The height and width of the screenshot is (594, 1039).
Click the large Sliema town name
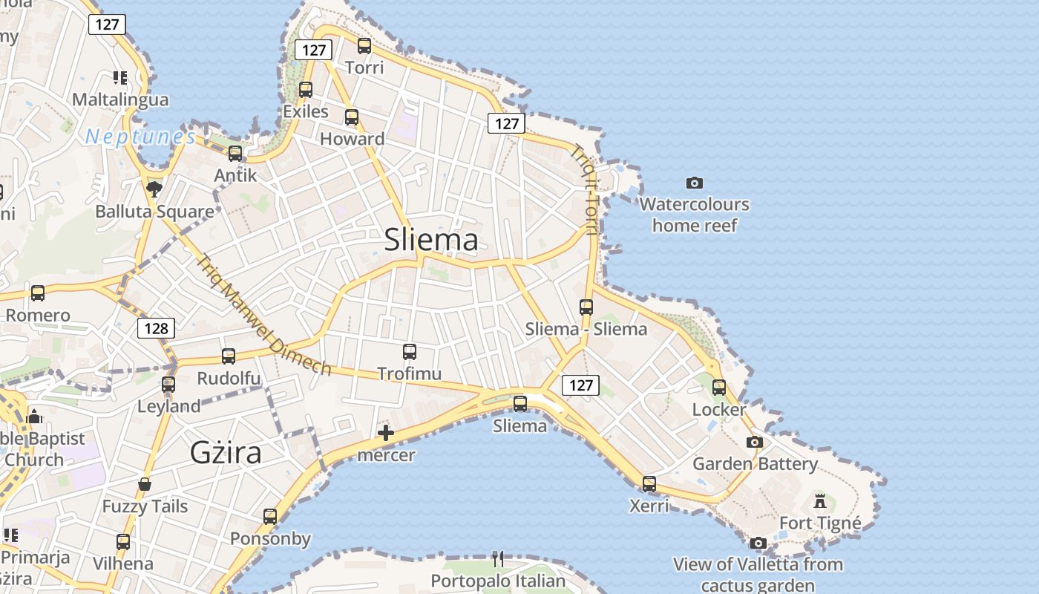click(431, 240)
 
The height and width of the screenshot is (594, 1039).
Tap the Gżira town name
click(226, 451)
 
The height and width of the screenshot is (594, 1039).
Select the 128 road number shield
click(156, 328)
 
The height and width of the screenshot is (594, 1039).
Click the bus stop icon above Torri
click(364, 46)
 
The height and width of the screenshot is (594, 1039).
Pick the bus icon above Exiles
click(305, 90)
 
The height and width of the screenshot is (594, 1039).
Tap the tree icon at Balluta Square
click(154, 189)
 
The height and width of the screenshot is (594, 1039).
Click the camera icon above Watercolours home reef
click(695, 183)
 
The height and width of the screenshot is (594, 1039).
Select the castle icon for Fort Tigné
click(820, 501)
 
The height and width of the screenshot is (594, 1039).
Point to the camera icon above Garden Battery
click(755, 443)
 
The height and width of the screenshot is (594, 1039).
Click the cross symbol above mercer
click(386, 433)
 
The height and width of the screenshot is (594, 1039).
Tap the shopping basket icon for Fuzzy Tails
click(145, 485)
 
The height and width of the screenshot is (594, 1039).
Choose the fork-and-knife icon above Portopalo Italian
click(498, 558)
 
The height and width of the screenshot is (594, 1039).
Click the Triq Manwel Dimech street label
click(263, 315)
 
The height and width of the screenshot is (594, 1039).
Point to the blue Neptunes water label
click(140, 137)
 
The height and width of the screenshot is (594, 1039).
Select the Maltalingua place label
click(120, 99)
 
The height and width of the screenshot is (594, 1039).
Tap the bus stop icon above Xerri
click(649, 484)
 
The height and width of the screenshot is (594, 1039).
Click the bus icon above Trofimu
click(410, 352)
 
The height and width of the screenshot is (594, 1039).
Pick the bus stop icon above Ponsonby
click(270, 517)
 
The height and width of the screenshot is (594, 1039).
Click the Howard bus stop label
click(352, 139)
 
